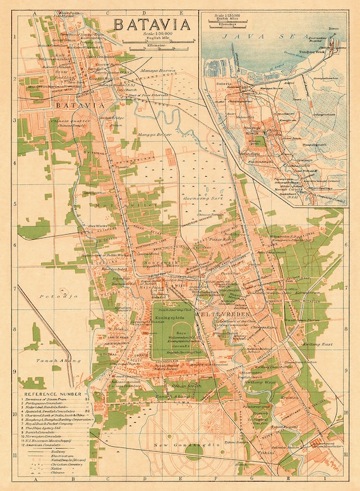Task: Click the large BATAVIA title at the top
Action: coord(151,25)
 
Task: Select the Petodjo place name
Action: coord(49,295)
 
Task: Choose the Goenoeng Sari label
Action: coord(196,197)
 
